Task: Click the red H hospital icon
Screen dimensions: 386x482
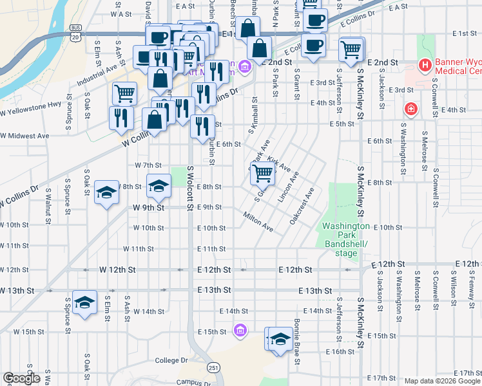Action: pos(425,65)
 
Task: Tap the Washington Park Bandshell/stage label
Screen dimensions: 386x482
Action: pos(346,239)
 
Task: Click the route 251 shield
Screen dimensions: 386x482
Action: pos(213,367)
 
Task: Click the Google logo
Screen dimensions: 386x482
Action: pos(21,378)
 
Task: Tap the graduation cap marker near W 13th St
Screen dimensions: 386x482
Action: pos(84,302)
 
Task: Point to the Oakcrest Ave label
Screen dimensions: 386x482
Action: pos(302,205)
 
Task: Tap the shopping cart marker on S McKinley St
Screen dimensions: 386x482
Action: pos(351,49)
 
